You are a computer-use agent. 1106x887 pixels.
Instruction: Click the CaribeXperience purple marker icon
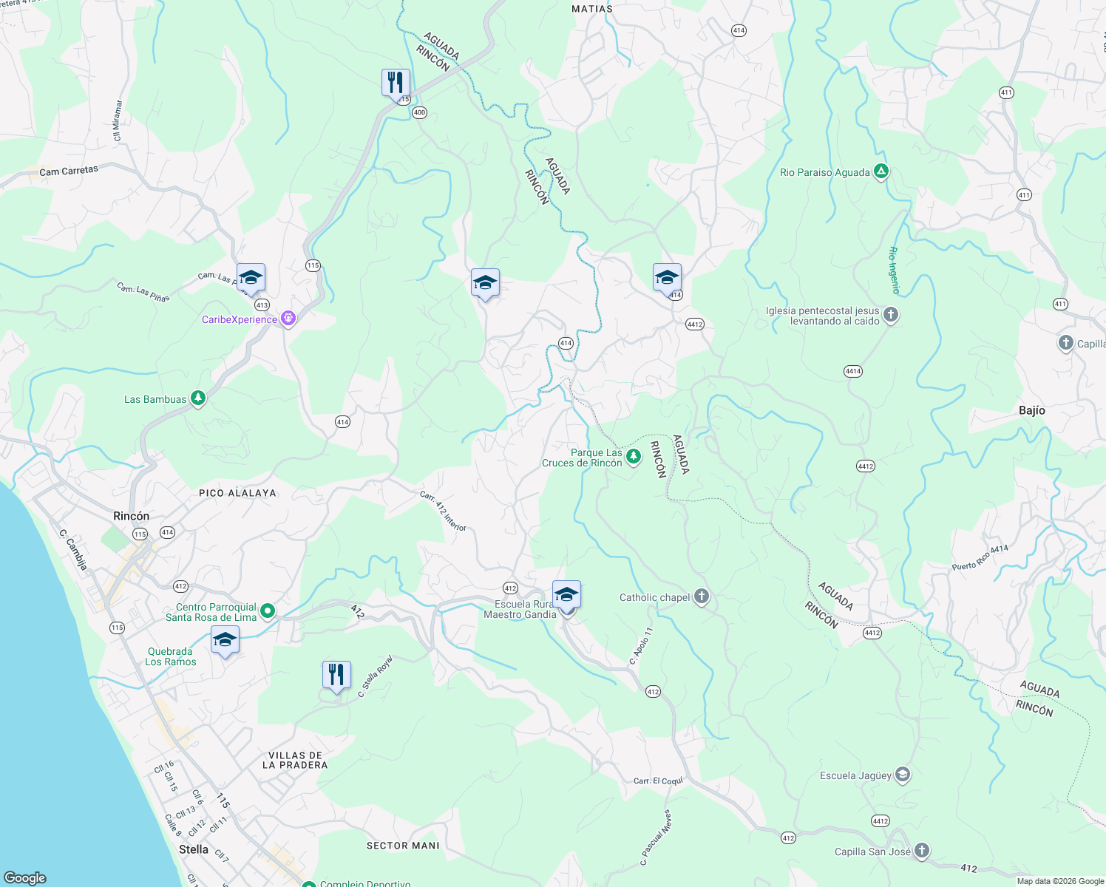[x=288, y=319]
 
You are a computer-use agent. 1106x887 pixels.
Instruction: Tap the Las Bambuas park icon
[x=197, y=399]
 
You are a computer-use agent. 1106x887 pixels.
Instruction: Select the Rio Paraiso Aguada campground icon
[x=881, y=172]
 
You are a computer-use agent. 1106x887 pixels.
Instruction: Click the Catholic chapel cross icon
[x=702, y=597]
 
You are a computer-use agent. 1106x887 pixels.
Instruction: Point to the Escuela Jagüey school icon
[x=902, y=775]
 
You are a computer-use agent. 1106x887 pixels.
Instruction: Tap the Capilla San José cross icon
[x=921, y=852]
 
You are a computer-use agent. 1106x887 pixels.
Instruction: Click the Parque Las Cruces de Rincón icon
[x=634, y=458]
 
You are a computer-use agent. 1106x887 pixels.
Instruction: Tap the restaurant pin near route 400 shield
[x=396, y=83]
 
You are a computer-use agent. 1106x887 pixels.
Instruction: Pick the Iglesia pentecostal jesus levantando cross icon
[x=891, y=316]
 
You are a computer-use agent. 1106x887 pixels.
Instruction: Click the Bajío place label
[x=1031, y=410]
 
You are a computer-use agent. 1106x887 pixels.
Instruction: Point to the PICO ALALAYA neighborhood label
[x=237, y=493]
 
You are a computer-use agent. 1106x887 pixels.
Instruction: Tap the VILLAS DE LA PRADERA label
[x=294, y=760]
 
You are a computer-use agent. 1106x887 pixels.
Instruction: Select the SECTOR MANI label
[x=403, y=846]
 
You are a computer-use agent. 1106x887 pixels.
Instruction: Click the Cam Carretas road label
[x=69, y=171]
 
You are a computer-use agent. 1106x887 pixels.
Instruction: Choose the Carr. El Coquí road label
[x=658, y=781]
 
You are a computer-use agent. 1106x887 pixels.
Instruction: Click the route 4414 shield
[x=853, y=371]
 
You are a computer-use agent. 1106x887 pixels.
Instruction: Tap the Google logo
[x=25, y=878]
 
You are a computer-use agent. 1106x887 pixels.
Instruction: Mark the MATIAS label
[x=592, y=9]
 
